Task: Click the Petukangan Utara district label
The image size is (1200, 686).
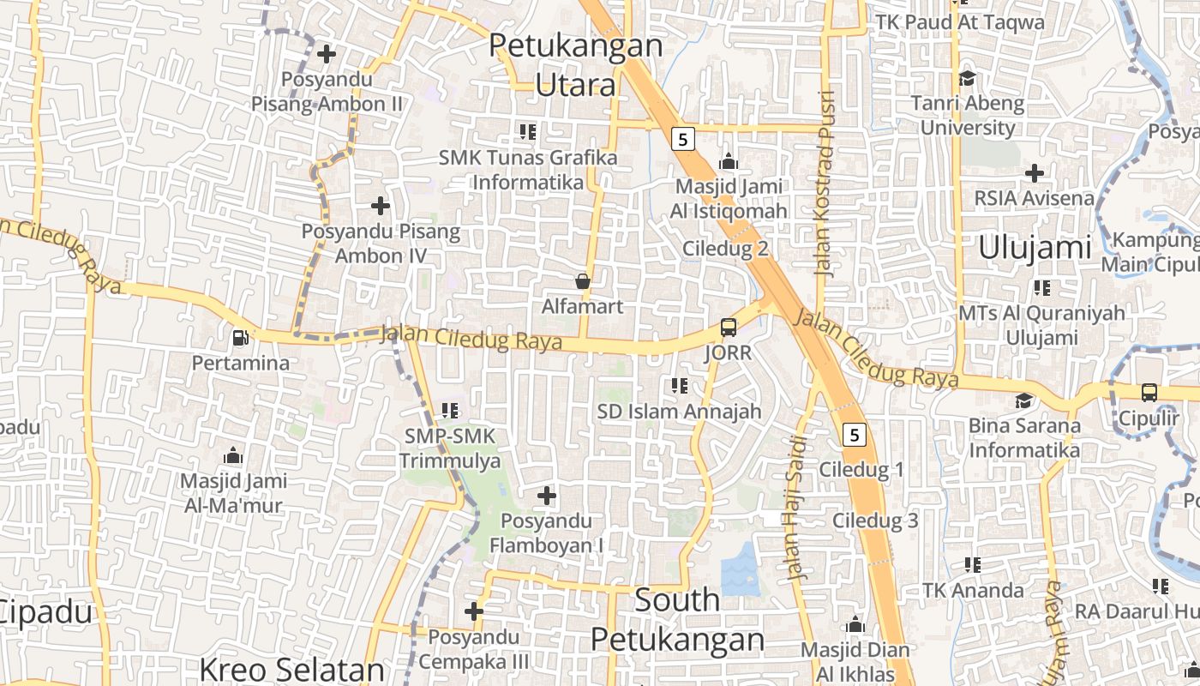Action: [576, 65]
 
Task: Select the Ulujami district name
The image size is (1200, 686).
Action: [1035, 248]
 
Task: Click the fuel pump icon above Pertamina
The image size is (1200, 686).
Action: [241, 338]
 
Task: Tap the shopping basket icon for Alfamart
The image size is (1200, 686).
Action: [583, 281]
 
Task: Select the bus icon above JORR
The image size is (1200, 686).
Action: [728, 327]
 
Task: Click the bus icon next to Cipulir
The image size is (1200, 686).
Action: [1149, 393]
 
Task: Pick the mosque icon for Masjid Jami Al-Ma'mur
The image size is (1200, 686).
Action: [232, 455]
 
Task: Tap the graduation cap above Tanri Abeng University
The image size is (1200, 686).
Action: [967, 78]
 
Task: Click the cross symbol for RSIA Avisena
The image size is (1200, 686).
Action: [1035, 173]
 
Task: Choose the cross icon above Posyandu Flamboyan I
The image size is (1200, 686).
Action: [546, 496]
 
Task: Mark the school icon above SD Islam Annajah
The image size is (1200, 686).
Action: [680, 386]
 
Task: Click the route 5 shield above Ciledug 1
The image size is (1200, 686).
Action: [854, 435]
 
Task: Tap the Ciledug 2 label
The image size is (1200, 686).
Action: [725, 249]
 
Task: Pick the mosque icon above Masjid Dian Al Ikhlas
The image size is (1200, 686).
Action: [855, 624]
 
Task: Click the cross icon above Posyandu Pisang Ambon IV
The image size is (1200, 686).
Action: [380, 206]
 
